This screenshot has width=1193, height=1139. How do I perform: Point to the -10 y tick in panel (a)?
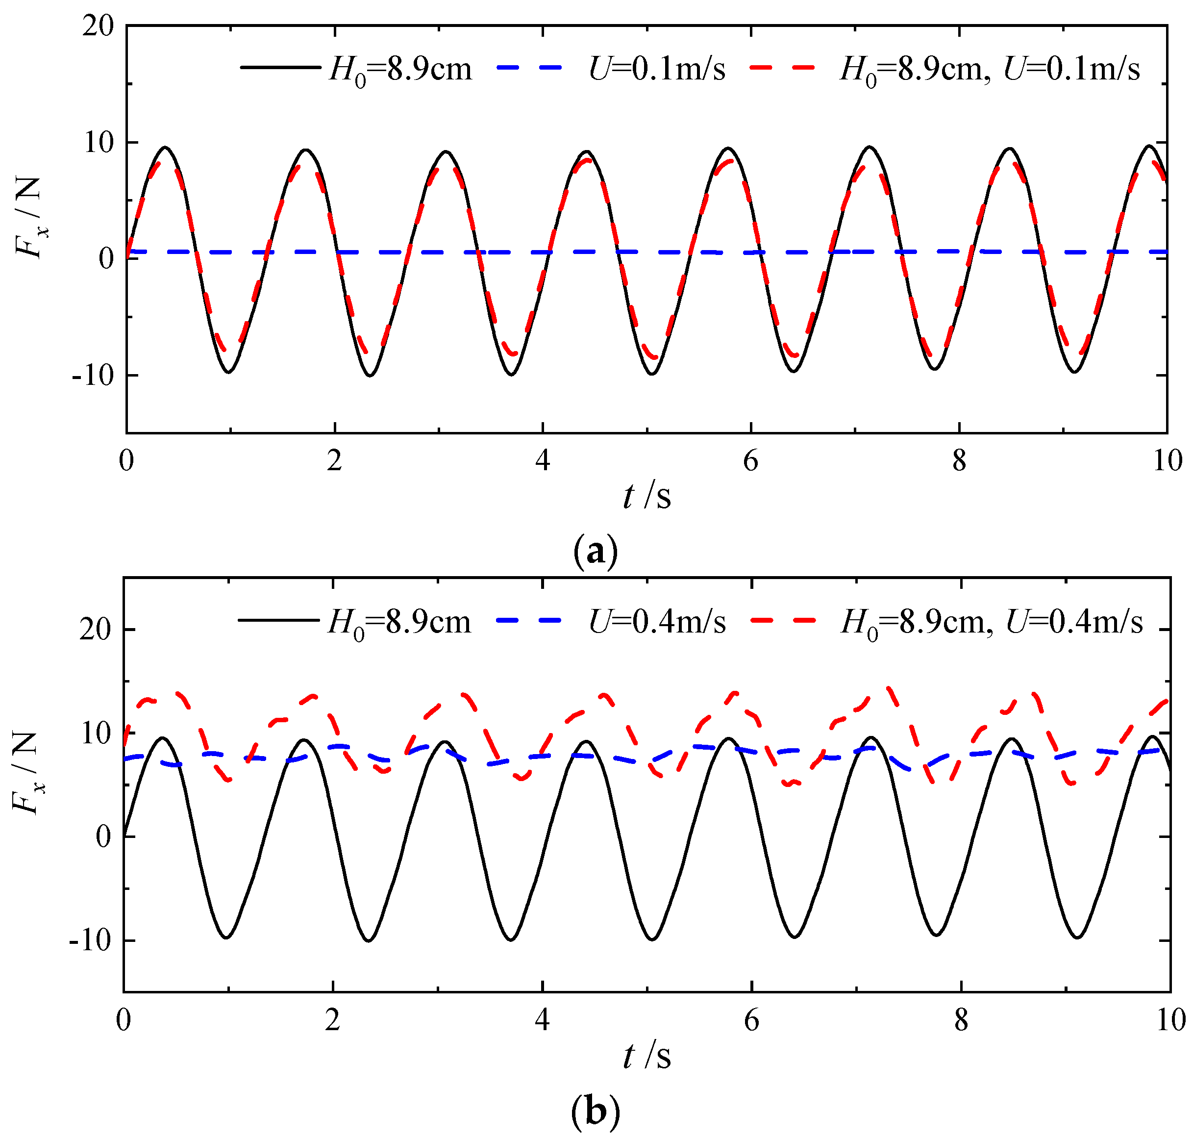pos(92,376)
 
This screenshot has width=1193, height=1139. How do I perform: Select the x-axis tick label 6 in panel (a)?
pos(750,461)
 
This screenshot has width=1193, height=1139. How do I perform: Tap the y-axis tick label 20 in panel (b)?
pos(96,629)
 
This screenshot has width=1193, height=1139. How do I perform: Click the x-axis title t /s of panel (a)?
pos(647,497)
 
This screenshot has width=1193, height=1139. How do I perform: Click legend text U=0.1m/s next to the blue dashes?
pos(657,69)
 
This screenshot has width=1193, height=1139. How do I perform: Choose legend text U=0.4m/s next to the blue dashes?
pos(657,621)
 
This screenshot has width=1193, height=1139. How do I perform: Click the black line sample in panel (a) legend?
pos(280,67)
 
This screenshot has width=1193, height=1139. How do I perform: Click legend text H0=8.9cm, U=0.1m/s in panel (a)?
pos(990,69)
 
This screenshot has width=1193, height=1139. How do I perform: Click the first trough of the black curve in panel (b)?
pos(226,937)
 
